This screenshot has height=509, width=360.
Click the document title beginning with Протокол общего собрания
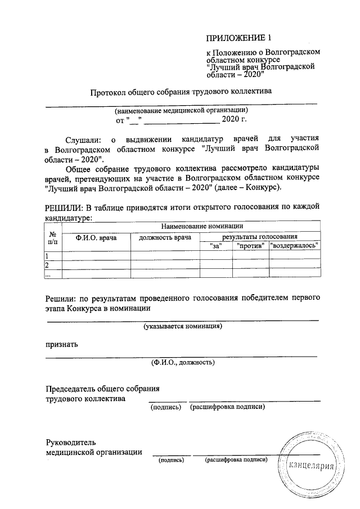click(x=181, y=92)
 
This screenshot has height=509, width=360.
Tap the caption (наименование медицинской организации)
click(x=181, y=111)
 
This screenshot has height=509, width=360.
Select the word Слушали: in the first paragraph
click(x=84, y=138)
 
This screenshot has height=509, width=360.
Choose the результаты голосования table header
click(x=260, y=237)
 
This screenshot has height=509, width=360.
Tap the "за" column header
click(x=217, y=246)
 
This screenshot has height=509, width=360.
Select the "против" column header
click(x=251, y=246)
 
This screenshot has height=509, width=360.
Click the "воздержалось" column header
click(x=295, y=246)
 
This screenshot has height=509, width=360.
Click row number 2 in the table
click(x=48, y=265)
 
